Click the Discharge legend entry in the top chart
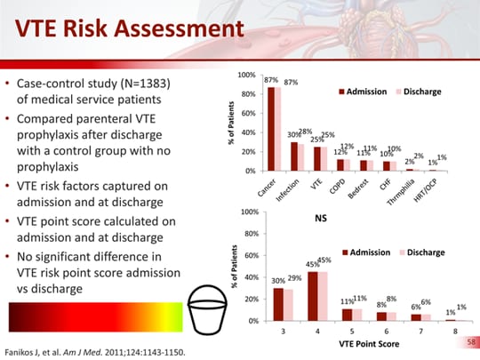(x=422, y=91)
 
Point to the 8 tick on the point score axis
(x=454, y=331)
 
